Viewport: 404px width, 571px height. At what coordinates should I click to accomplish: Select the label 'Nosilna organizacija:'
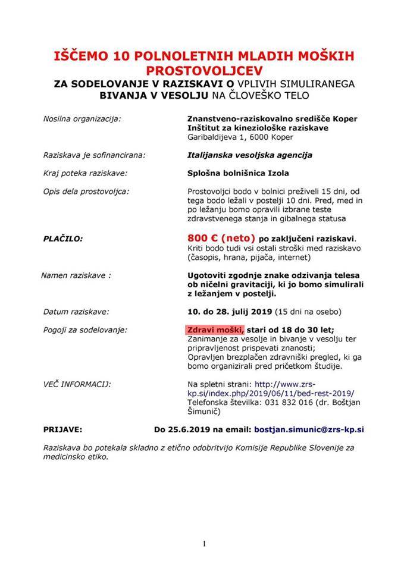point(82,118)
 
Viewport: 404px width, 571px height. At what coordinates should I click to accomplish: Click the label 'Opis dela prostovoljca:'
point(86,191)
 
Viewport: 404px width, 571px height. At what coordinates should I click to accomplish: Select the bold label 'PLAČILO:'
point(62,239)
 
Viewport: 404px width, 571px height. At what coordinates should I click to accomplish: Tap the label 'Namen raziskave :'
point(76,275)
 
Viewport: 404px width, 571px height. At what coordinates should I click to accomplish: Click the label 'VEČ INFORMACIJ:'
point(77,384)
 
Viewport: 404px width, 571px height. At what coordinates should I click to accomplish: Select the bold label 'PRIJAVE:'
point(63,428)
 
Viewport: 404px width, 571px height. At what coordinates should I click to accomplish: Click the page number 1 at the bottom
point(203,544)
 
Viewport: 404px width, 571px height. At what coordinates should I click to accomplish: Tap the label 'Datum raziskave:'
point(76,311)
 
